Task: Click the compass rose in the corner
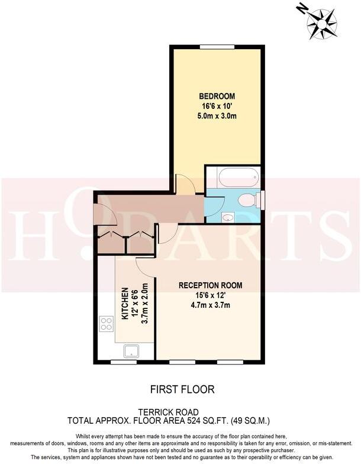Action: pos(322,22)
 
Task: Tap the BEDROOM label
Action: pos(217,96)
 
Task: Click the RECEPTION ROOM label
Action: pos(210,285)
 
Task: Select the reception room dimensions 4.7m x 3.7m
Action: pos(210,305)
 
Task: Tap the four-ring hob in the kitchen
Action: pos(107,324)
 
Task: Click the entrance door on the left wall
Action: pos(96,211)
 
